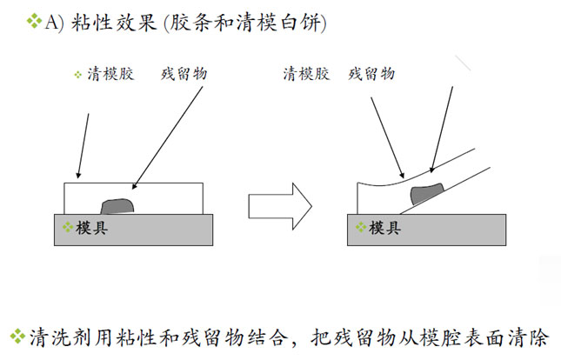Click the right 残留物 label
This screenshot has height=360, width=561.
[371, 74]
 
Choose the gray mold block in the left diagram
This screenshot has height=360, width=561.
[157, 230]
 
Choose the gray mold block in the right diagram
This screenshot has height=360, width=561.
[452, 230]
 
